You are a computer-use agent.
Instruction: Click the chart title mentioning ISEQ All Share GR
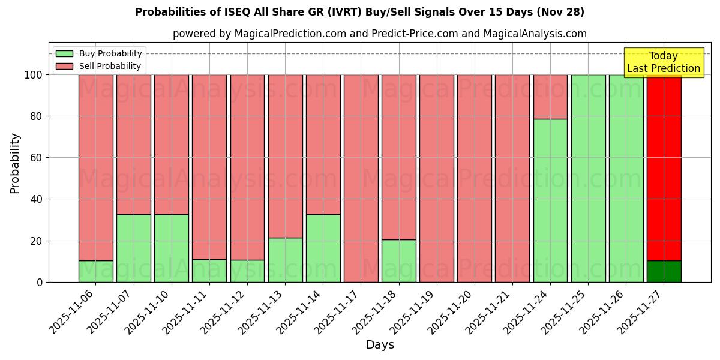[359, 12]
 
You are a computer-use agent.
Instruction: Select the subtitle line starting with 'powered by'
[379, 34]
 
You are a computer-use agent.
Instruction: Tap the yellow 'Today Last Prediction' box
[663, 62]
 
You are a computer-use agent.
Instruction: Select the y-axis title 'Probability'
[15, 163]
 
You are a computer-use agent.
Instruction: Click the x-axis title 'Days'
[380, 344]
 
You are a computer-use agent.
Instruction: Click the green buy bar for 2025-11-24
[550, 200]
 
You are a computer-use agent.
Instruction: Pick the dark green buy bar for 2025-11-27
[664, 271]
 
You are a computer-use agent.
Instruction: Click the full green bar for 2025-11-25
[588, 178]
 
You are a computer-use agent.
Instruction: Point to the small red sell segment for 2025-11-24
[550, 97]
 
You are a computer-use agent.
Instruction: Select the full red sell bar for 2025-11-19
[437, 178]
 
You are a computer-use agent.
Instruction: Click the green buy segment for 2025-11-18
[399, 261]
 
